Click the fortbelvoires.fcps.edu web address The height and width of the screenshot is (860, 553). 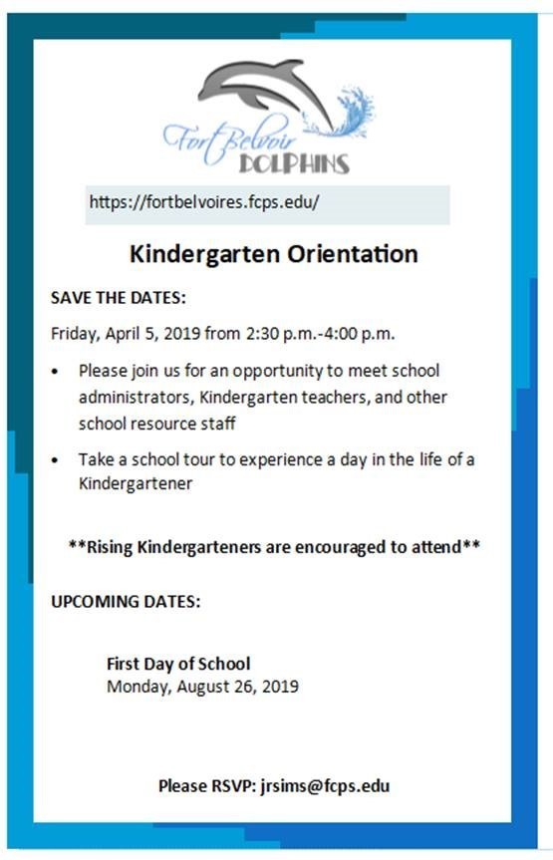[x=204, y=201]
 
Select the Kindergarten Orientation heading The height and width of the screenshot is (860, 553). [x=273, y=254]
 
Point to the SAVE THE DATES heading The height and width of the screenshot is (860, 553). [x=119, y=298]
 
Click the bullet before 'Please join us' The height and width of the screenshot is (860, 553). [x=55, y=372]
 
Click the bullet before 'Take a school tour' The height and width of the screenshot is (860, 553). [x=55, y=461]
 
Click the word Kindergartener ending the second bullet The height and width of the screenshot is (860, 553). [x=136, y=484]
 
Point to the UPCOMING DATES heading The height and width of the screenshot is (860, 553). [x=126, y=602]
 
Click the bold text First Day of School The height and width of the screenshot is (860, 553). [x=178, y=664]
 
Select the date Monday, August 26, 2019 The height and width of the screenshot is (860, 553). [x=202, y=687]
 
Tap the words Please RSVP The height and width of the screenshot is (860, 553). [x=206, y=786]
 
